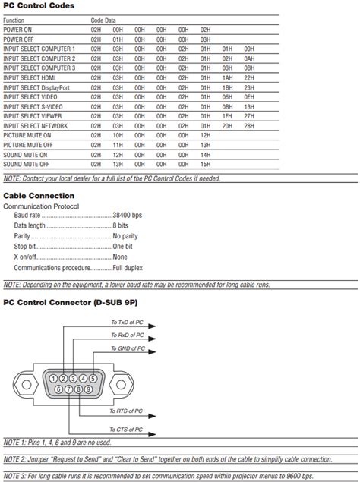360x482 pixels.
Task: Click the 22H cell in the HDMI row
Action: point(249,77)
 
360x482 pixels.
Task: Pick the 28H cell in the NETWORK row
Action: point(249,125)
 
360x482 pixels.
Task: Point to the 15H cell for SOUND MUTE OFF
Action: point(205,164)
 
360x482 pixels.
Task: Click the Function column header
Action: point(14,20)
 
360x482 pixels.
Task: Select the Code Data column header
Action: point(104,20)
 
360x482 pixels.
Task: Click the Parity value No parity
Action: point(127,236)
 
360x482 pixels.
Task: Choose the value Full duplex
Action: point(129,268)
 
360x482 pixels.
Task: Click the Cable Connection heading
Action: point(39,195)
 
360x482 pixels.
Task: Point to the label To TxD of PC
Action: point(127,323)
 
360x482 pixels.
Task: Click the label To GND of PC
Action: point(127,348)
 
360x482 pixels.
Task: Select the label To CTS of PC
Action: point(126,430)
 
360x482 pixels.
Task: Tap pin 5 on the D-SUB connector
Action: point(92,378)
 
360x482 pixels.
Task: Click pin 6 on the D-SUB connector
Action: point(58,389)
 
